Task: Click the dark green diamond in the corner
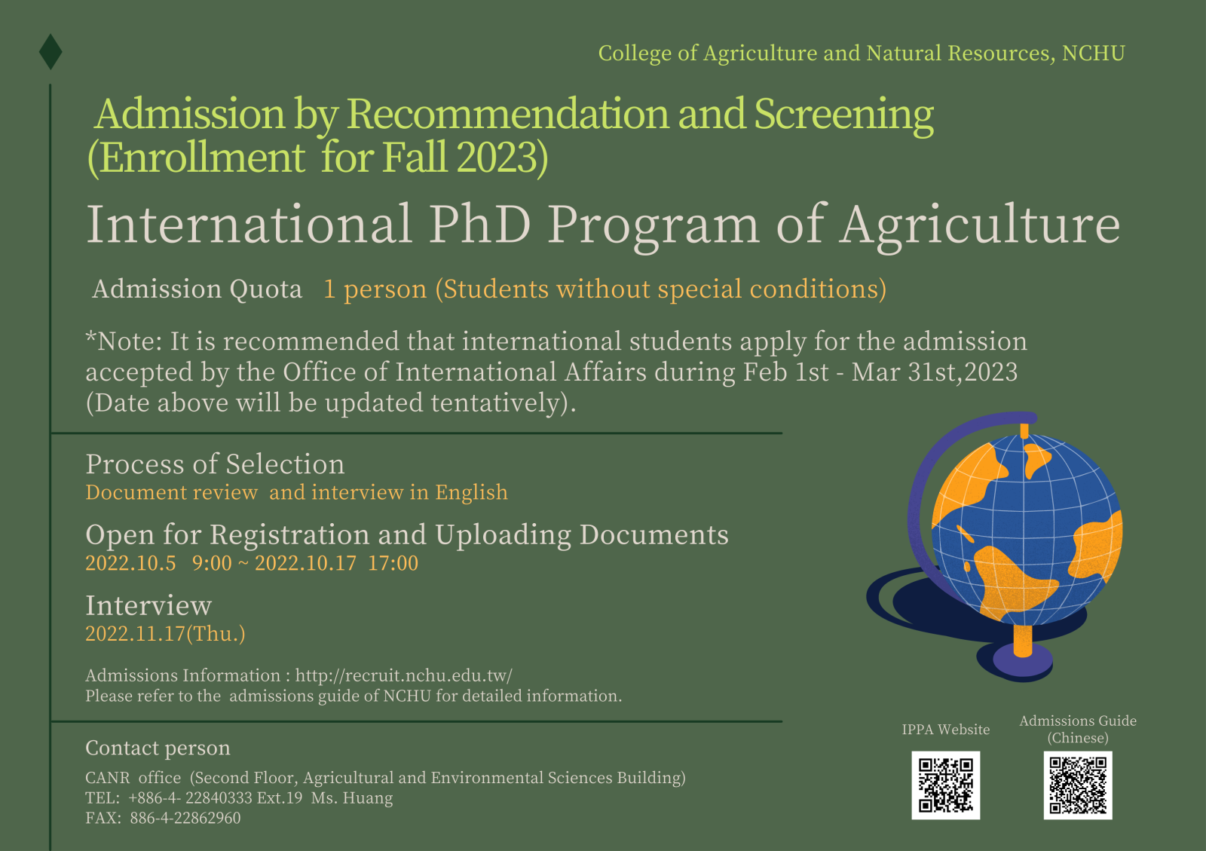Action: [x=51, y=51]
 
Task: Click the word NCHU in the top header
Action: [x=1093, y=54]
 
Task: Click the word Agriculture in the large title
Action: [x=980, y=225]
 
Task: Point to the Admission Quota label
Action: [x=197, y=289]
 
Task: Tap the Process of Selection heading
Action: [x=215, y=464]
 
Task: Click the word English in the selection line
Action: [x=471, y=493]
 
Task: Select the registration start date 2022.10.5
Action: [x=130, y=563]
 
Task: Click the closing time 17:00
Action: [x=393, y=563]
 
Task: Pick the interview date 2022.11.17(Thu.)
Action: [x=165, y=634]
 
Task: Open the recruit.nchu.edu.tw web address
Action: [x=403, y=675]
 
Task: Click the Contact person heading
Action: [x=158, y=748]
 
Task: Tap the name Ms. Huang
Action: [x=352, y=798]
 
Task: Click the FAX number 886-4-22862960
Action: [x=185, y=819]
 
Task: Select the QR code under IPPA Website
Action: [x=945, y=785]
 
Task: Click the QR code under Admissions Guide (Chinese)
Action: [x=1078, y=785]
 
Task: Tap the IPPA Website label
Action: [x=945, y=730]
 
